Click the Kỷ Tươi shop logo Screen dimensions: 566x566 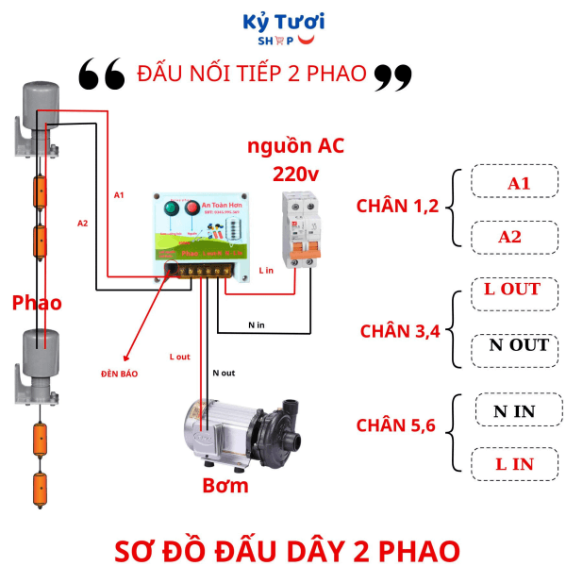click(283, 29)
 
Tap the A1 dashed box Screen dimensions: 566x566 click(518, 183)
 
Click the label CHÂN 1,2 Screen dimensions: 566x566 click(397, 207)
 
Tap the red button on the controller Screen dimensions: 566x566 click(192, 208)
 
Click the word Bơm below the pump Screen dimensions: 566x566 click(226, 487)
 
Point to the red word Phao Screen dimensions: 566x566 click(37, 303)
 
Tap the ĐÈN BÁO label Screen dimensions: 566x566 click(119, 374)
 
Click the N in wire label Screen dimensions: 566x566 click(257, 325)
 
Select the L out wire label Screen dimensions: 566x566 click(179, 357)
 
